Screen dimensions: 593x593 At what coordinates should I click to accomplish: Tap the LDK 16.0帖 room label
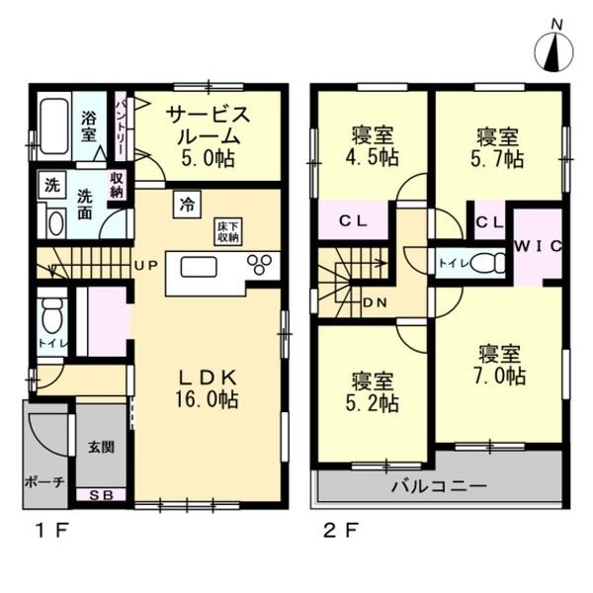click(x=207, y=388)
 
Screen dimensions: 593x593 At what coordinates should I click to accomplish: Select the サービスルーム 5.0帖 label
click(x=208, y=134)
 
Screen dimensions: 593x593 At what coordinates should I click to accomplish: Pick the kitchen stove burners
click(x=262, y=265)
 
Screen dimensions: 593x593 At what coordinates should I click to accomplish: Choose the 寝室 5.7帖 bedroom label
click(x=497, y=146)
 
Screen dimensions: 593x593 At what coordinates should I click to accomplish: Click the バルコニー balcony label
click(x=438, y=485)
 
